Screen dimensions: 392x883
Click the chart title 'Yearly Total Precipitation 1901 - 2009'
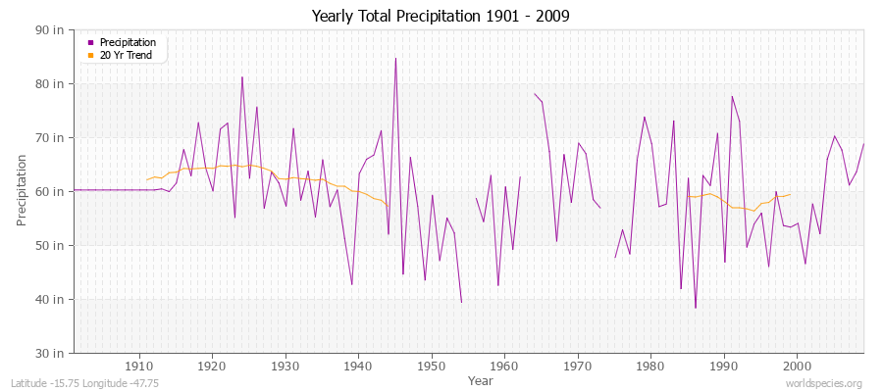tap(441, 16)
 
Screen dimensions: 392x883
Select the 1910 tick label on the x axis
tap(138, 367)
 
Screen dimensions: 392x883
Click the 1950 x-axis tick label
tap(431, 367)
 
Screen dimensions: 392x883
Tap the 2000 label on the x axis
tap(797, 367)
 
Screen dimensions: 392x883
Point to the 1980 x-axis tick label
tap(650, 367)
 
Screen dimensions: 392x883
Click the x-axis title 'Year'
tap(481, 380)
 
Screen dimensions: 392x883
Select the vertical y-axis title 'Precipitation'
tap(22, 190)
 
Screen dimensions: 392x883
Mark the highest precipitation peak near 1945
tap(395, 58)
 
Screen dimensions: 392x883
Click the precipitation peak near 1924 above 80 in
tap(242, 76)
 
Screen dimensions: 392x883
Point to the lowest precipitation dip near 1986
tap(696, 308)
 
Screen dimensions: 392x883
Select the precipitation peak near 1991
tap(732, 96)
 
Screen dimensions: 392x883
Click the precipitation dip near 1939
tap(352, 284)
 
